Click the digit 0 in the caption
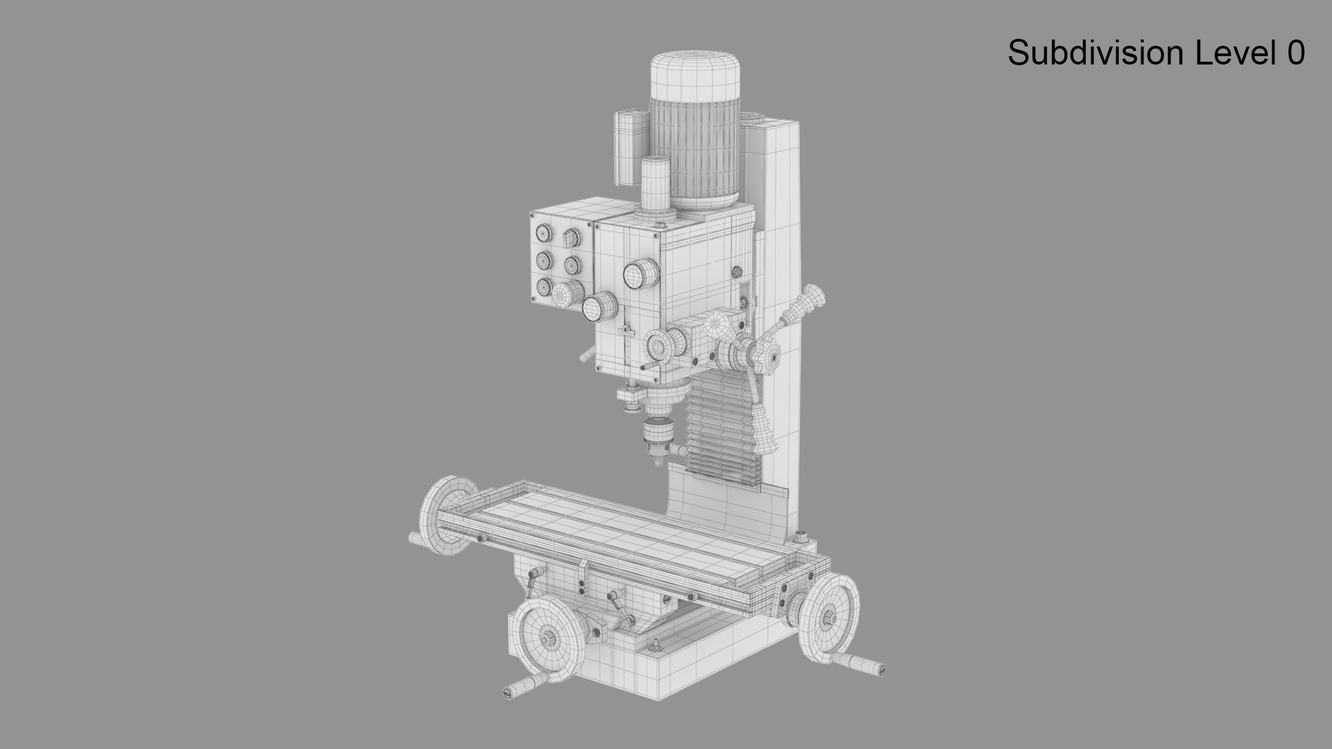point(1295,53)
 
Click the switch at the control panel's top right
point(570,238)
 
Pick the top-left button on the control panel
point(543,233)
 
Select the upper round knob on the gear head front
point(640,275)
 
